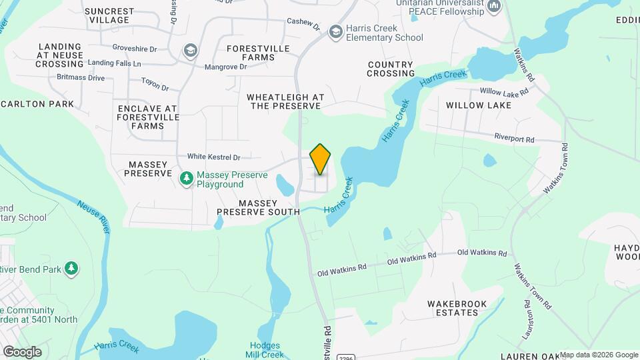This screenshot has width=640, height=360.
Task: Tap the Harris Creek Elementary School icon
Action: point(335,32)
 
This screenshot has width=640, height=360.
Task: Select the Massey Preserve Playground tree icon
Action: point(187,179)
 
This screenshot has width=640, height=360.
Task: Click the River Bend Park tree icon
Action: point(71,269)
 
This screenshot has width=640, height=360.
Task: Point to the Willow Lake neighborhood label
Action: point(479,105)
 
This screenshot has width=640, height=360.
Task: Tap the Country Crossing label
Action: point(391,69)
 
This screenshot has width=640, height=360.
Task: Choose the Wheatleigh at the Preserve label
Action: point(285,101)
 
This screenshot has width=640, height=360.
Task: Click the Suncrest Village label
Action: point(109,16)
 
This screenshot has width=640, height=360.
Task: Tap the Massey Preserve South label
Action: point(258,207)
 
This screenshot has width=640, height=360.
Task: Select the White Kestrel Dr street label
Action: point(213,157)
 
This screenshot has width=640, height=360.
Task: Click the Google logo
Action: point(22,351)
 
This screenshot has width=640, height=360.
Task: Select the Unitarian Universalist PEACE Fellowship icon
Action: point(494,7)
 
